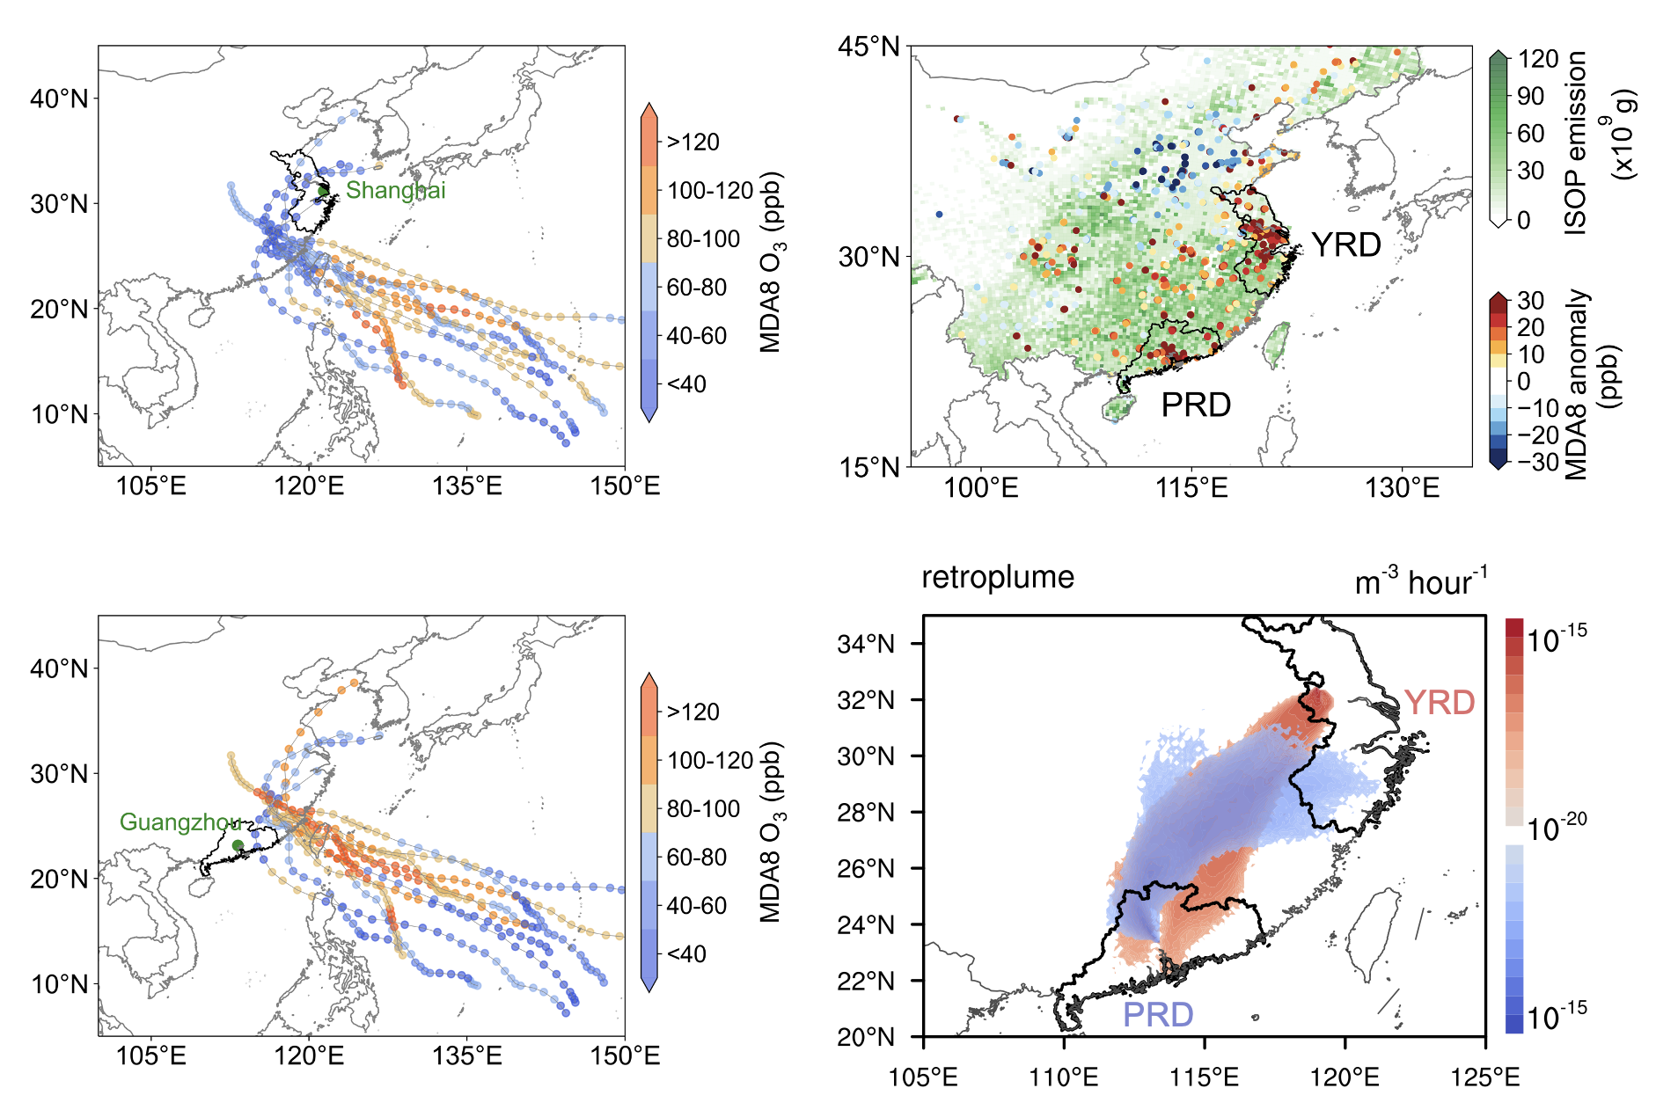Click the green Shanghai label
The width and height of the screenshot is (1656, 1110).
tap(395, 190)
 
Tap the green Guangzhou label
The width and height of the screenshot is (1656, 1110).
tap(180, 822)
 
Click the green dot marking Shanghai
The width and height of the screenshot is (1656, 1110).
tap(323, 191)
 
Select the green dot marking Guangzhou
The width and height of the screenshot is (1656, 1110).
tap(238, 845)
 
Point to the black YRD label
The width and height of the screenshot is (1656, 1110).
tap(1346, 245)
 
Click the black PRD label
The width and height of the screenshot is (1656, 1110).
tap(1196, 405)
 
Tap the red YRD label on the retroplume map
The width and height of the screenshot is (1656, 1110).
tap(1440, 702)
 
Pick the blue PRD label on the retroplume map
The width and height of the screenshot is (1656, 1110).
tap(1158, 1014)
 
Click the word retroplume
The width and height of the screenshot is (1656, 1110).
tap(998, 577)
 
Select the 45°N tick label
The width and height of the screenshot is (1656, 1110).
tap(869, 46)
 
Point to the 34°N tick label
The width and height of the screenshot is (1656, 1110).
tap(866, 644)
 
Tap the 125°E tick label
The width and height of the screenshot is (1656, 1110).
tap(1485, 1077)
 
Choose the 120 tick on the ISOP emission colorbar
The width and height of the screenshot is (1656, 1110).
tap(1538, 59)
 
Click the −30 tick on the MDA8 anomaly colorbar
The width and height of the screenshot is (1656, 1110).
tap(1538, 462)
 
